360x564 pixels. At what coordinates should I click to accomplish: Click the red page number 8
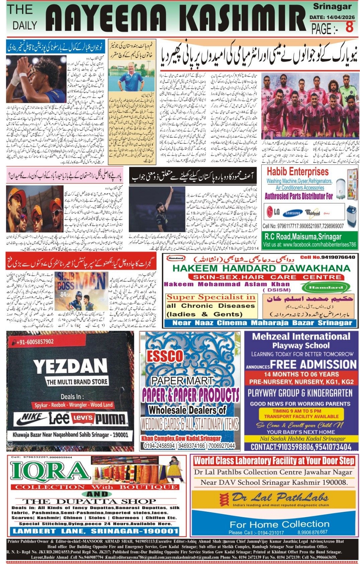tap(349, 27)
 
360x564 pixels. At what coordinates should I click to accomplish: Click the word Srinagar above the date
tap(332, 6)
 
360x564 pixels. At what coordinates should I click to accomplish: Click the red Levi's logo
tap(83, 419)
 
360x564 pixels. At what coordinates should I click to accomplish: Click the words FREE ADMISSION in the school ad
tap(314, 364)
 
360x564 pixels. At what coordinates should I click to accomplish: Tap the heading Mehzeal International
tap(301, 337)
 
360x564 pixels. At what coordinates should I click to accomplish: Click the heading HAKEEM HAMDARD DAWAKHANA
tap(261, 268)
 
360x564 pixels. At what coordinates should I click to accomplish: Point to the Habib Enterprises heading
tap(298, 171)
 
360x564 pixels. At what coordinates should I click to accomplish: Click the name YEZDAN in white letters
tap(70, 367)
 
